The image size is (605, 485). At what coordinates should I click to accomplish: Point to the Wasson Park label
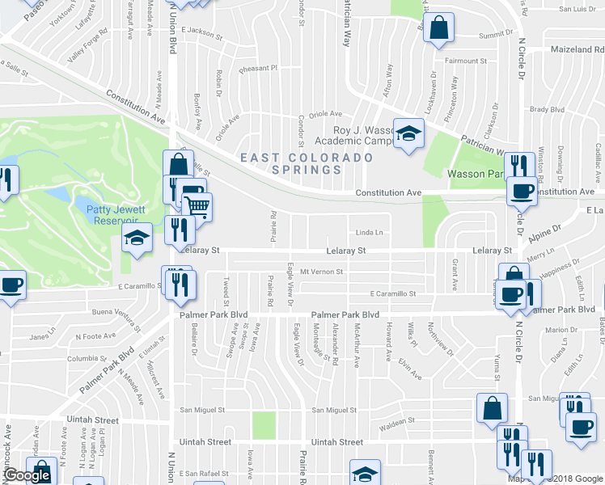tap(476, 174)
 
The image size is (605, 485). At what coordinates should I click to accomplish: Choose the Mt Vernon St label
tap(322, 272)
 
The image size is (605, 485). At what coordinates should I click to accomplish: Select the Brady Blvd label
tap(547, 109)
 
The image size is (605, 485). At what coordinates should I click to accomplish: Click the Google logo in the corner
tap(27, 476)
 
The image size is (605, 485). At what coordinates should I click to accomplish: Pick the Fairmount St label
tap(465, 61)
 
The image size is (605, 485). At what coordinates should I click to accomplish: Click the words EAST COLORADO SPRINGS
tap(307, 163)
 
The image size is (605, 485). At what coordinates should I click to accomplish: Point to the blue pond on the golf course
tap(59, 194)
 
